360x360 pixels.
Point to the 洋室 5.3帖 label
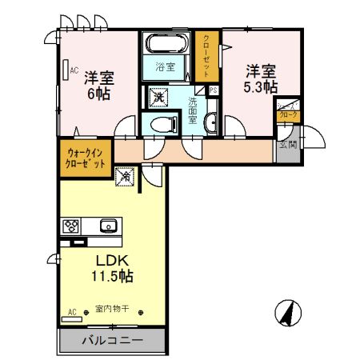pos(261,78)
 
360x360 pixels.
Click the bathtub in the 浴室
pos(166,43)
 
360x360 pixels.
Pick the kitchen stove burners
pos(70,225)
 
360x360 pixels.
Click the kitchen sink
pos(106,226)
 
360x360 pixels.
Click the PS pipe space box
pos(214,90)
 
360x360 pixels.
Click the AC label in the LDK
pos(72,311)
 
